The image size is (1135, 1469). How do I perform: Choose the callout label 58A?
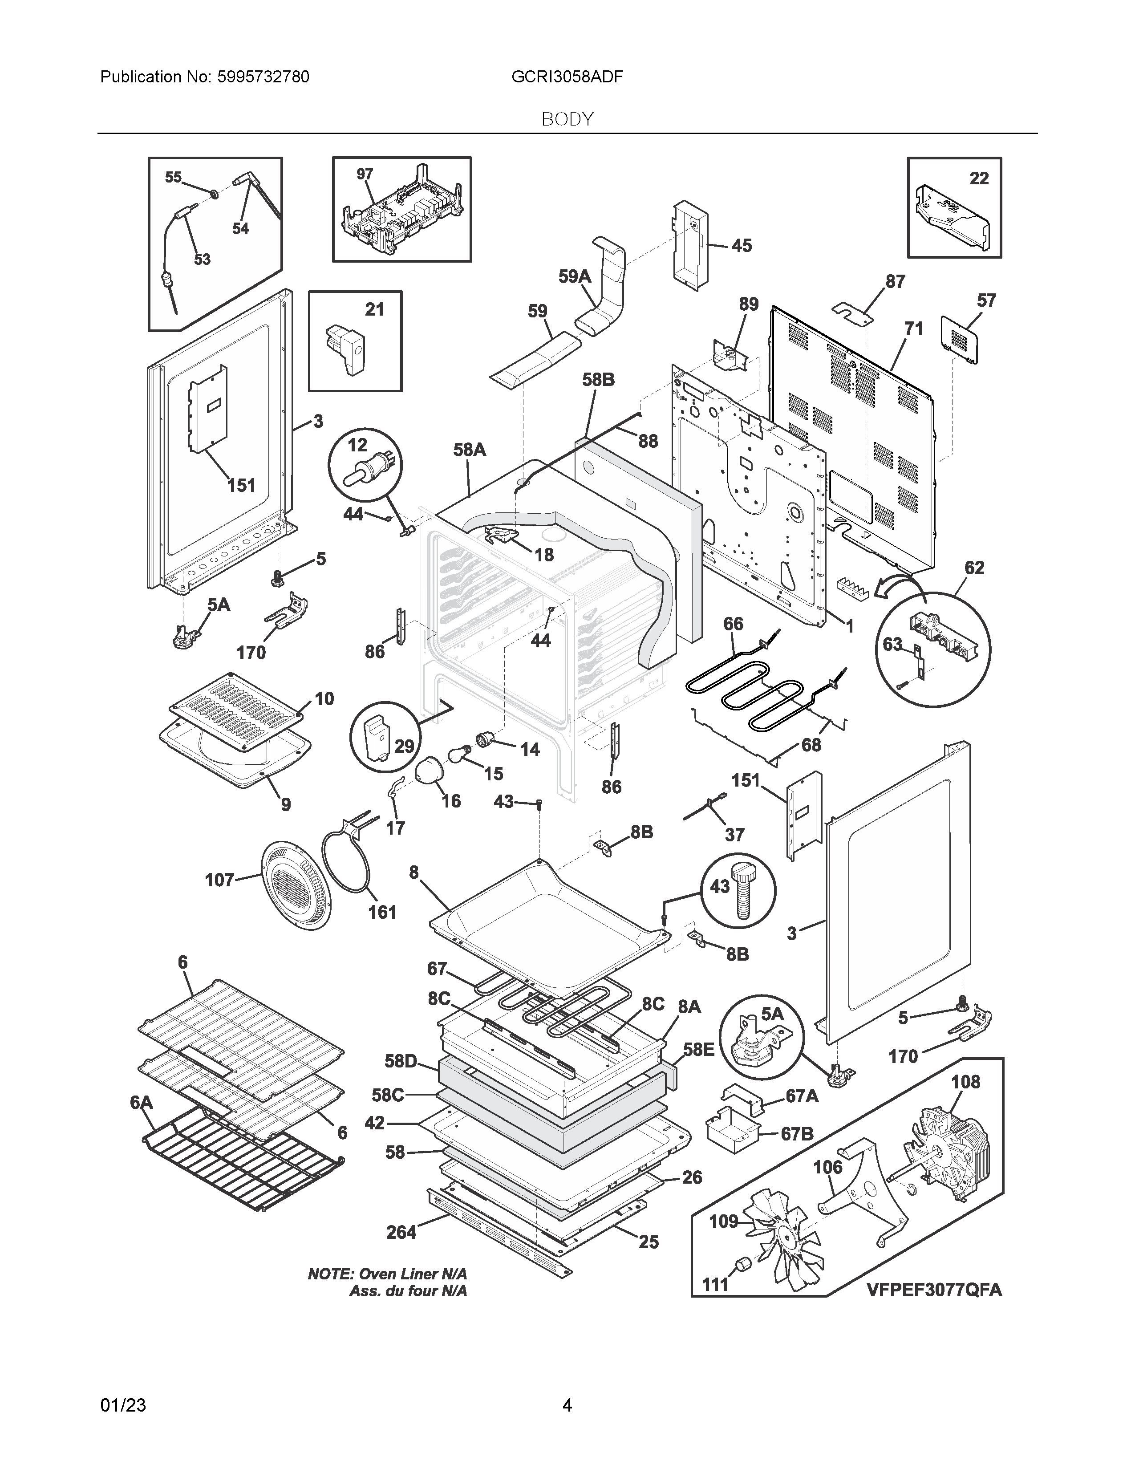pyautogui.click(x=469, y=449)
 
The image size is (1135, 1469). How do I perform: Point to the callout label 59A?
pyautogui.click(x=575, y=276)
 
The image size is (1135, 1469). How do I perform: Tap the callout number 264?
pyautogui.click(x=401, y=1232)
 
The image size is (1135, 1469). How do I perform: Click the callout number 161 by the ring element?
pyautogui.click(x=382, y=912)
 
